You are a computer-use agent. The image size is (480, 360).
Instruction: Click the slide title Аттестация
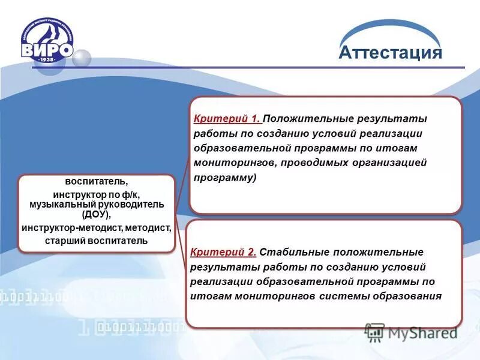pos(390,53)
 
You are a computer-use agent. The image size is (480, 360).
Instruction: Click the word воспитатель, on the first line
pos(97,181)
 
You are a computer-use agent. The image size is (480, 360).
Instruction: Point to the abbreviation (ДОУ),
pos(97,214)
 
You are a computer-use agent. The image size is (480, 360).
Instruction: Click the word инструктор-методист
pos(70,228)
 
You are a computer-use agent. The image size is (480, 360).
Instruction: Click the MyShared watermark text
pos(421,332)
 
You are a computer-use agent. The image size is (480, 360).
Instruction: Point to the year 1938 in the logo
pos(47,59)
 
